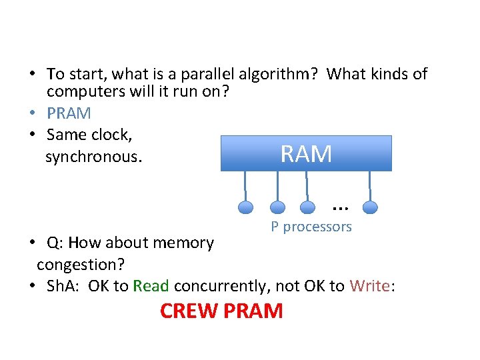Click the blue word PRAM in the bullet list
point(69,113)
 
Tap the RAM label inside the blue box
point(306,154)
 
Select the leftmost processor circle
point(246,207)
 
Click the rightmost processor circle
point(371,207)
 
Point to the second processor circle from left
point(278,207)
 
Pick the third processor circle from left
point(308,207)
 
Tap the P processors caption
point(311,227)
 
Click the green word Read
point(151,286)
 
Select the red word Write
point(370,286)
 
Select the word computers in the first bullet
point(82,92)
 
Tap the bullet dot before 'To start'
point(32,74)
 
